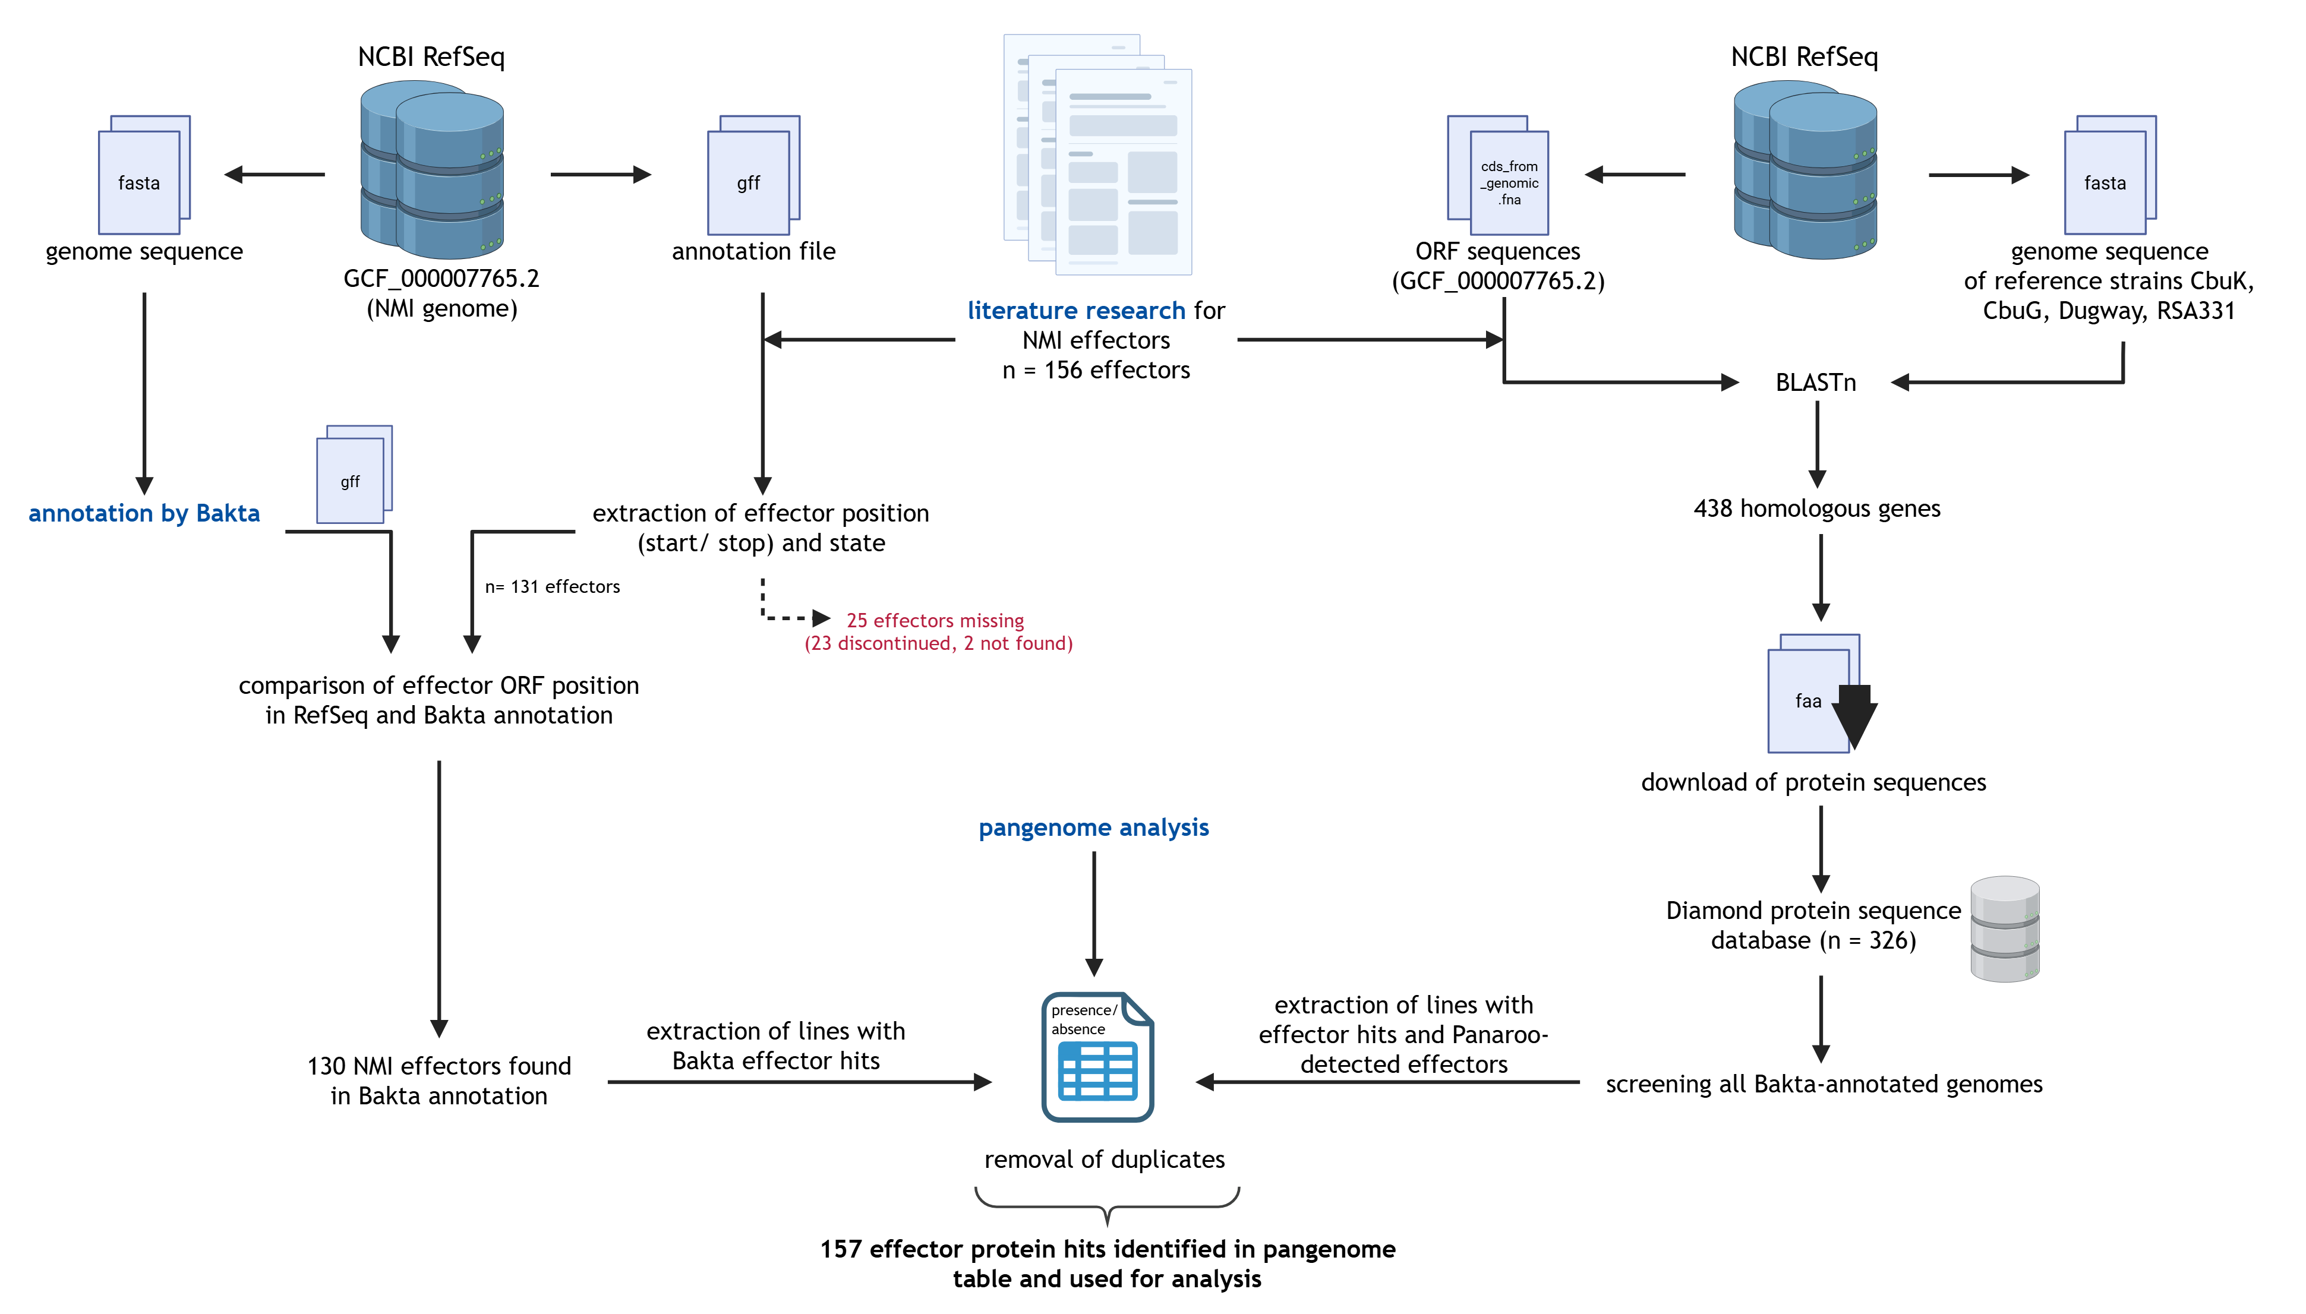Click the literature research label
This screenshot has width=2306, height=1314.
pos(1076,311)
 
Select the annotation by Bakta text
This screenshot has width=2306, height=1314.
pos(144,513)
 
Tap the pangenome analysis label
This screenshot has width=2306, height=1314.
pos(1093,827)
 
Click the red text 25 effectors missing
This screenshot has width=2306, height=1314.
pos(935,621)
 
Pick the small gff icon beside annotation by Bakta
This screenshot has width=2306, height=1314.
pos(353,476)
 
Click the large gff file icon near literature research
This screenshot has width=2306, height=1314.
pos(752,177)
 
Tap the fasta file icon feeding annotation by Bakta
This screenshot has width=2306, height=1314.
pos(143,177)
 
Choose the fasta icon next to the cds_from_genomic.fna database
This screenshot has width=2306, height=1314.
pos(2109,177)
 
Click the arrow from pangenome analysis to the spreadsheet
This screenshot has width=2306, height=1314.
pos(1094,911)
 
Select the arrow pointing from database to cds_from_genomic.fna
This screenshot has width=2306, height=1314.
pos(1633,174)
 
